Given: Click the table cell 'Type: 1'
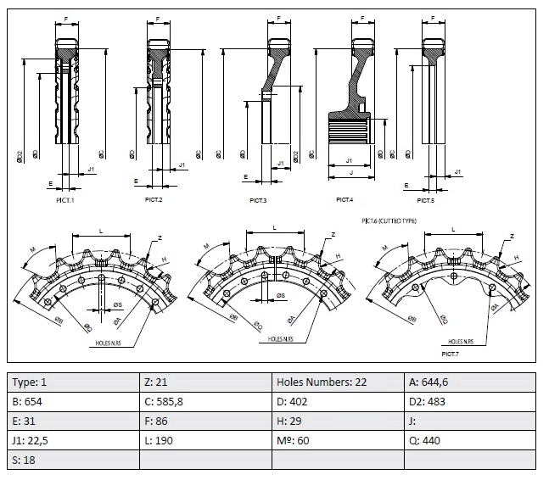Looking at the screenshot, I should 72,382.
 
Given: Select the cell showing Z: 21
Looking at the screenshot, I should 204,382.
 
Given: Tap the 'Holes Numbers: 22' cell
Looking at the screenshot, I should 337,382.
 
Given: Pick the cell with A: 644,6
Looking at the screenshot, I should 469,382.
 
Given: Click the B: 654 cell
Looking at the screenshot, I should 72,401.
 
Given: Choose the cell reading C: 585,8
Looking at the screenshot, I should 204,401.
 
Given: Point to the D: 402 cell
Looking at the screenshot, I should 337,401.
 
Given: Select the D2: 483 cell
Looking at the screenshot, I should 469,401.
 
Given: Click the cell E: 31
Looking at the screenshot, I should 72,421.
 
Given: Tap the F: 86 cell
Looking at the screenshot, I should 204,421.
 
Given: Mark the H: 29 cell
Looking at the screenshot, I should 337,421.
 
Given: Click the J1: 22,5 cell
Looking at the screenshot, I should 72,440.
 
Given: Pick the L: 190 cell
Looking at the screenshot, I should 204,440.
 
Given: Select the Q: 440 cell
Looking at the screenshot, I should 469,440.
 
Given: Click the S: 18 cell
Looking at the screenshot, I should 72,460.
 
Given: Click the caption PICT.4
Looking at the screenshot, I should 344,199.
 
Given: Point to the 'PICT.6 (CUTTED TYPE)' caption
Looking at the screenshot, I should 389,220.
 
